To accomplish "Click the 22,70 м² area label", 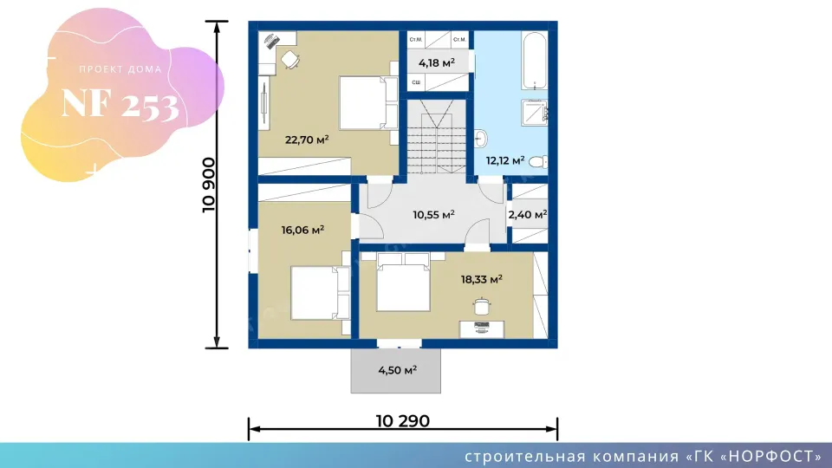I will point(307,138).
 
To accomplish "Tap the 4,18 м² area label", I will point(437,62).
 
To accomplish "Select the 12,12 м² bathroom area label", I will point(505,160).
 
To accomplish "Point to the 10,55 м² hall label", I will point(433,214).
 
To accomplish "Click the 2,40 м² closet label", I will point(527,214).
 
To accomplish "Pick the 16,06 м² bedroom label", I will point(302,231).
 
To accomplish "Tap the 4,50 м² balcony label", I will point(398,370).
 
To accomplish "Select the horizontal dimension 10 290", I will point(403,421).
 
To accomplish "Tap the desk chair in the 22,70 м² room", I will point(290,59).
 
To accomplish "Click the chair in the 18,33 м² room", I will point(481,305).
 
